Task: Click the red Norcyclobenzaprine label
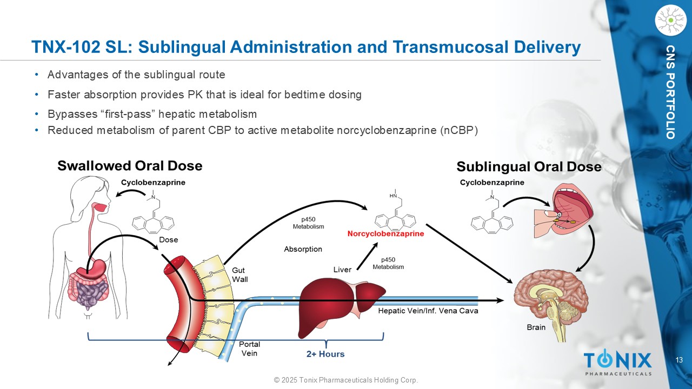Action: coord(385,234)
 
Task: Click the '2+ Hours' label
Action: coord(325,354)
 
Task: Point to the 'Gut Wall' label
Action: coord(239,275)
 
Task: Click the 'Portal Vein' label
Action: coord(249,348)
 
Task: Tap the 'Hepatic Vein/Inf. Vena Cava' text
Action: coord(428,311)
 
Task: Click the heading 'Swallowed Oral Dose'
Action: coord(130,166)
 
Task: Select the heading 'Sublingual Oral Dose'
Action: coord(529,167)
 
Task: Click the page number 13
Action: coord(679,360)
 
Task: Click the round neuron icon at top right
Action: coord(671,20)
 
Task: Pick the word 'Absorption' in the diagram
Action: coord(303,249)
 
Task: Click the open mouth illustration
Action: coord(564,211)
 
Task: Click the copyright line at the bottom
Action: coord(346,380)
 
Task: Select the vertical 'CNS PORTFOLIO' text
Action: coord(670,92)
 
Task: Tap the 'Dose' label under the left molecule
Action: coord(168,240)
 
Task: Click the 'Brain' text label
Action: coord(536,327)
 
